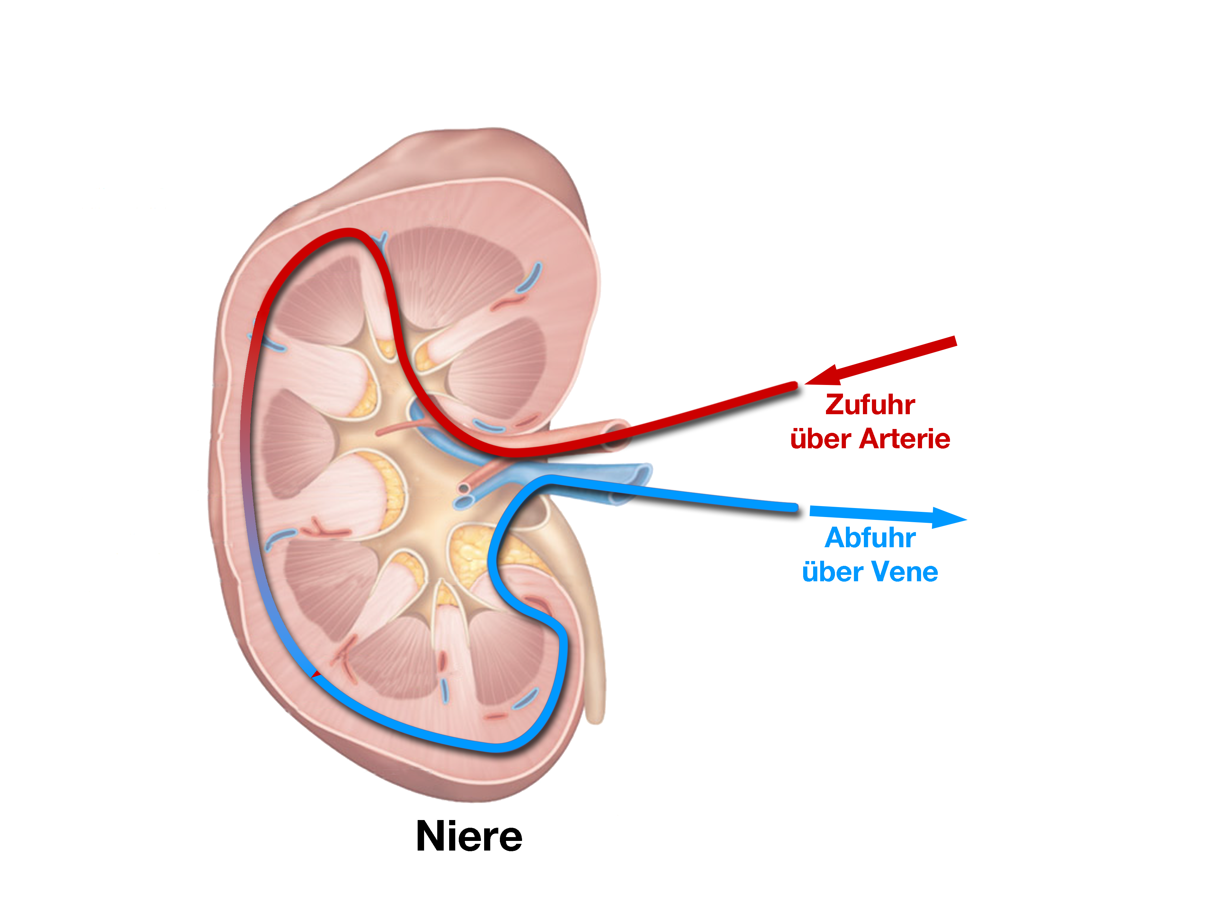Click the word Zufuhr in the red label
(x=870, y=405)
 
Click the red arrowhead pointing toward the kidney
(x=823, y=376)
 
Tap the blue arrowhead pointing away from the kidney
(x=949, y=517)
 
